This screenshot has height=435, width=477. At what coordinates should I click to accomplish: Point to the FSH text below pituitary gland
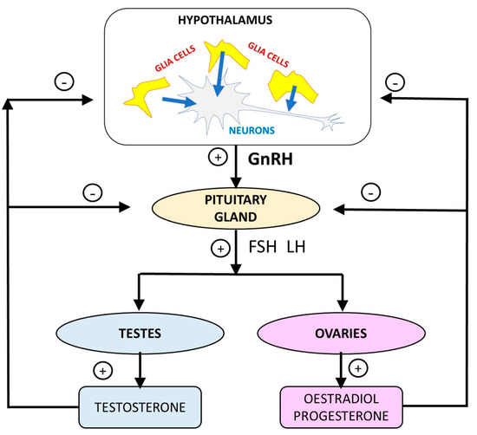click(259, 246)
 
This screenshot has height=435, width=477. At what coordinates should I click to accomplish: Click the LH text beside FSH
click(293, 246)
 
